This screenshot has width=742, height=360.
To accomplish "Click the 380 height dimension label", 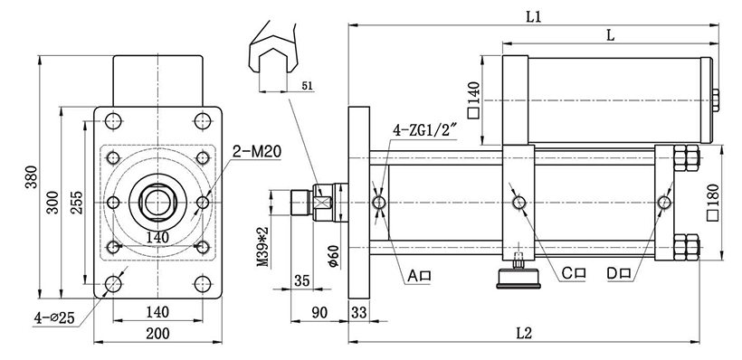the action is [x=31, y=177].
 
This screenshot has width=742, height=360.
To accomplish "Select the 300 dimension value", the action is [x=53, y=202].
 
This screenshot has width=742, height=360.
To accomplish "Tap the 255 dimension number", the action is [x=76, y=203].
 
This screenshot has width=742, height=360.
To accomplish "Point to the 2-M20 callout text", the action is [x=257, y=151].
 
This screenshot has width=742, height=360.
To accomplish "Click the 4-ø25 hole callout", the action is [x=54, y=317].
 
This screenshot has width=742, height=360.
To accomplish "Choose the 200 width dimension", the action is [x=157, y=334].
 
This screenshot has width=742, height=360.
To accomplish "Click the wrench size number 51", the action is [x=307, y=86].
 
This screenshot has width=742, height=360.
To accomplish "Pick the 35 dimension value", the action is [x=301, y=281].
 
